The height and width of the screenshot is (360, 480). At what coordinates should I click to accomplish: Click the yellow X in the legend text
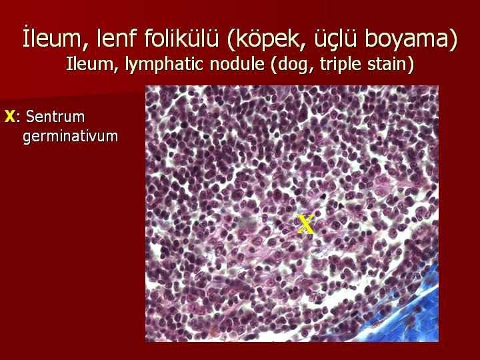point(10,117)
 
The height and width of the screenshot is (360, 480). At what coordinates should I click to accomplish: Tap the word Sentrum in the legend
point(55,117)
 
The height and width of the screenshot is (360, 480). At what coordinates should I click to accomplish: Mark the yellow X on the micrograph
point(305,225)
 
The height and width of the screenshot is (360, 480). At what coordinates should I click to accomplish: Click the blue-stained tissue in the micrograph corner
point(407,309)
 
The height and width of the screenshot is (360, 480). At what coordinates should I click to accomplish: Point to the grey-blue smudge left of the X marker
point(248,221)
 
